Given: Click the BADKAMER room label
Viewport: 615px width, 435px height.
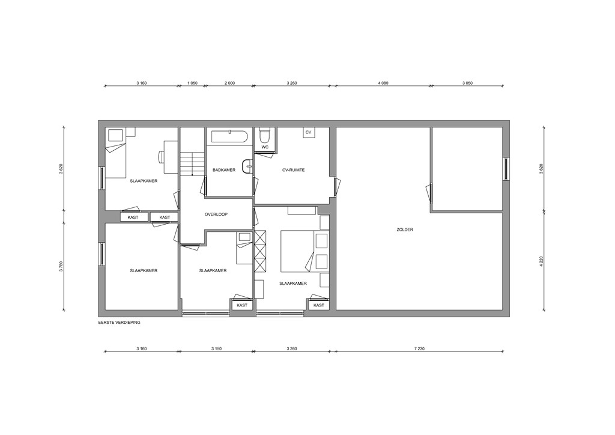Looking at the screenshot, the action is click(x=224, y=170).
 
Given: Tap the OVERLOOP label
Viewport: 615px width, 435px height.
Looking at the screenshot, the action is click(x=216, y=214).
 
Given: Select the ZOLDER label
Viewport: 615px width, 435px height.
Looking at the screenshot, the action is click(x=405, y=230).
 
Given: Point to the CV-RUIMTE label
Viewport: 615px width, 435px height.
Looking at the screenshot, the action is click(x=293, y=170).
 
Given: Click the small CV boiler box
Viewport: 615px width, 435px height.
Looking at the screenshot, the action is click(x=308, y=132).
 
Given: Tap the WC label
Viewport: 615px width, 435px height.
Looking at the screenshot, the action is click(x=265, y=147).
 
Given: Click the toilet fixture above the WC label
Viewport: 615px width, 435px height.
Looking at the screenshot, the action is click(x=265, y=135).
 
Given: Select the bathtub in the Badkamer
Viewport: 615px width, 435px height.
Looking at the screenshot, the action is click(x=229, y=136).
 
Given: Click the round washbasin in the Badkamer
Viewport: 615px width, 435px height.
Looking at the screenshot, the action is click(x=247, y=166).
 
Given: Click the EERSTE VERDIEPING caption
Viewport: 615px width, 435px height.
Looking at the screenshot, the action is click(x=120, y=323).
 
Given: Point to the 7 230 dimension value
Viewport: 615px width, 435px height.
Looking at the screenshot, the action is click(x=419, y=348).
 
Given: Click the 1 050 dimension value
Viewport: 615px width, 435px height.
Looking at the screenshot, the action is click(x=192, y=83).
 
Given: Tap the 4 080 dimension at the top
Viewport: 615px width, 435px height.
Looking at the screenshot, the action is click(x=383, y=83).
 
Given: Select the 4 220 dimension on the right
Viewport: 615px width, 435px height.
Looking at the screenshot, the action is click(x=542, y=261).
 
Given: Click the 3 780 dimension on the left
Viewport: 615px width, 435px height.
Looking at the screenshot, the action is click(x=61, y=266).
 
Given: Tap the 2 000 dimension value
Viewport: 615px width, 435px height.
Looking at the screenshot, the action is click(x=229, y=83).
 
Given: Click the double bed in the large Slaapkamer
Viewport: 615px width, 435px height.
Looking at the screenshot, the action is click(x=297, y=251).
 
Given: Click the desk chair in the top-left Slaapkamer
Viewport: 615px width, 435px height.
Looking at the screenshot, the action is click(x=161, y=156).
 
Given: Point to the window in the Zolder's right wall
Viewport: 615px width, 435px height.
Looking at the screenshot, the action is click(x=506, y=169).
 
